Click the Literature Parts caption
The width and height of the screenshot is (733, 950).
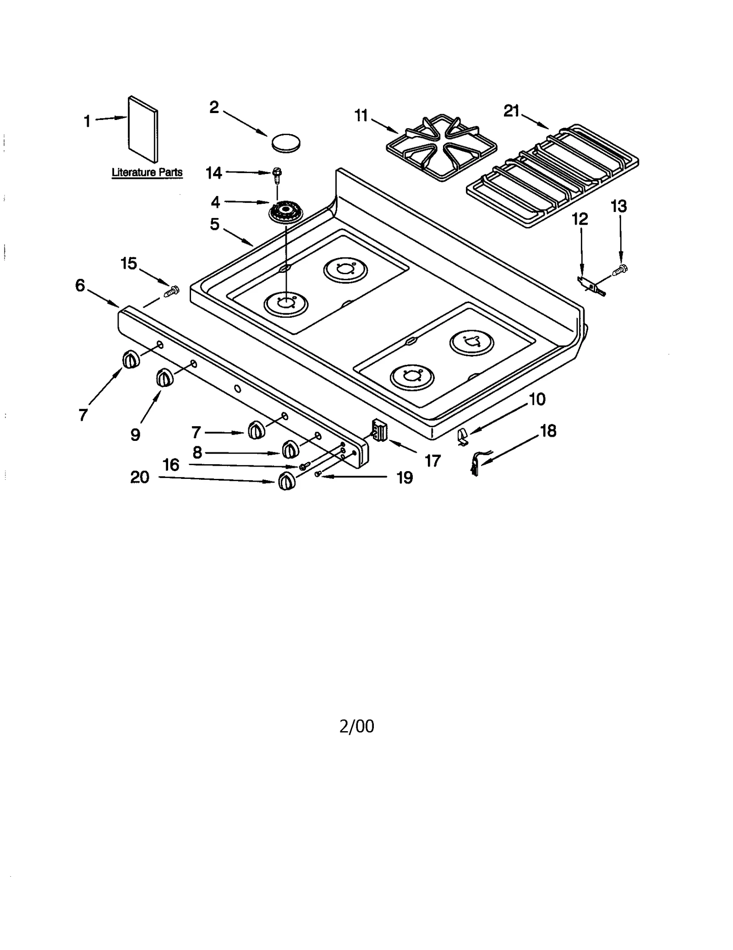(147, 173)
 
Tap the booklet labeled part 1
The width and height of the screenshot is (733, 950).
(143, 129)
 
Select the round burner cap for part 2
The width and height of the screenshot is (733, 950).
(286, 142)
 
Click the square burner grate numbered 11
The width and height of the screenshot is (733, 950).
(442, 147)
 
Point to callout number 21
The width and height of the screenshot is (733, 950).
(511, 111)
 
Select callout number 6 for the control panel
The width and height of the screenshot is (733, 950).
(80, 286)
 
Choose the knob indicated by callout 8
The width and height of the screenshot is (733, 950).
(290, 449)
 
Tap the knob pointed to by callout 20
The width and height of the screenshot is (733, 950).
(286, 481)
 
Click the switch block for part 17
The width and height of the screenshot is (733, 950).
(380, 430)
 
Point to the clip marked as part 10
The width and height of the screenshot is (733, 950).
(463, 436)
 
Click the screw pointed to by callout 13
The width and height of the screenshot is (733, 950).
(621, 269)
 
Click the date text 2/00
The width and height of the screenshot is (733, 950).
(356, 726)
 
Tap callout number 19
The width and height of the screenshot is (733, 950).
(405, 478)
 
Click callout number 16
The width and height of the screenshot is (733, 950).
(171, 465)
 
